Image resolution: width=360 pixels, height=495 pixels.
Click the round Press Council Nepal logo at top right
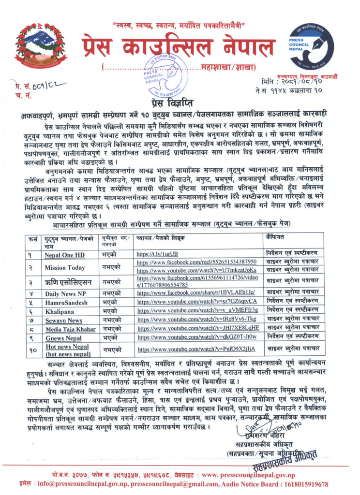[312, 47]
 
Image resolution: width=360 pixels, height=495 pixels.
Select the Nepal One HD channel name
[63, 254]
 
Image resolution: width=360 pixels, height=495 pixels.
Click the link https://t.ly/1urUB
[158, 254]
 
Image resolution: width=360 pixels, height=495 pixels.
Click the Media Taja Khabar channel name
[71, 329]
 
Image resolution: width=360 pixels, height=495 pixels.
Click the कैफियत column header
[275, 237]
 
